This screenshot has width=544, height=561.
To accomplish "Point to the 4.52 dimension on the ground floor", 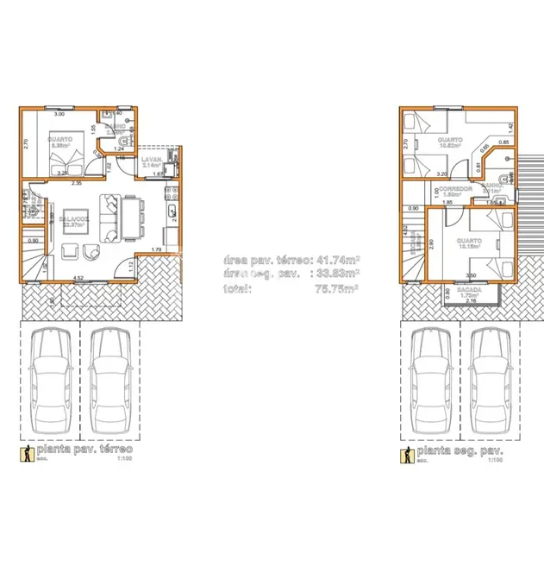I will coord(78,278).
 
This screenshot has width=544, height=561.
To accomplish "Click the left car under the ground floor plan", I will coord(48,381).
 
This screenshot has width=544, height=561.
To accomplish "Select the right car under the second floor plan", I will coord(489,381).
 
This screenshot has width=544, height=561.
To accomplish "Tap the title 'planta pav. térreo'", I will coord(83,451).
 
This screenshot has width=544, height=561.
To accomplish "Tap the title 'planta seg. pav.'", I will coord(459,451).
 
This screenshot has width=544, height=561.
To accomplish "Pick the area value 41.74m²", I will coord(339,258).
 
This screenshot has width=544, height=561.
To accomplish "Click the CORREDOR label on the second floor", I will coord(455,188).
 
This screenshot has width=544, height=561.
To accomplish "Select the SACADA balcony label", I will coord(469,290).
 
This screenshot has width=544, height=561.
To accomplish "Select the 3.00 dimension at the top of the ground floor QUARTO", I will coord(59,114).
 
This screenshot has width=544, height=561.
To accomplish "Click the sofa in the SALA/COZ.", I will coord(112,219).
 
